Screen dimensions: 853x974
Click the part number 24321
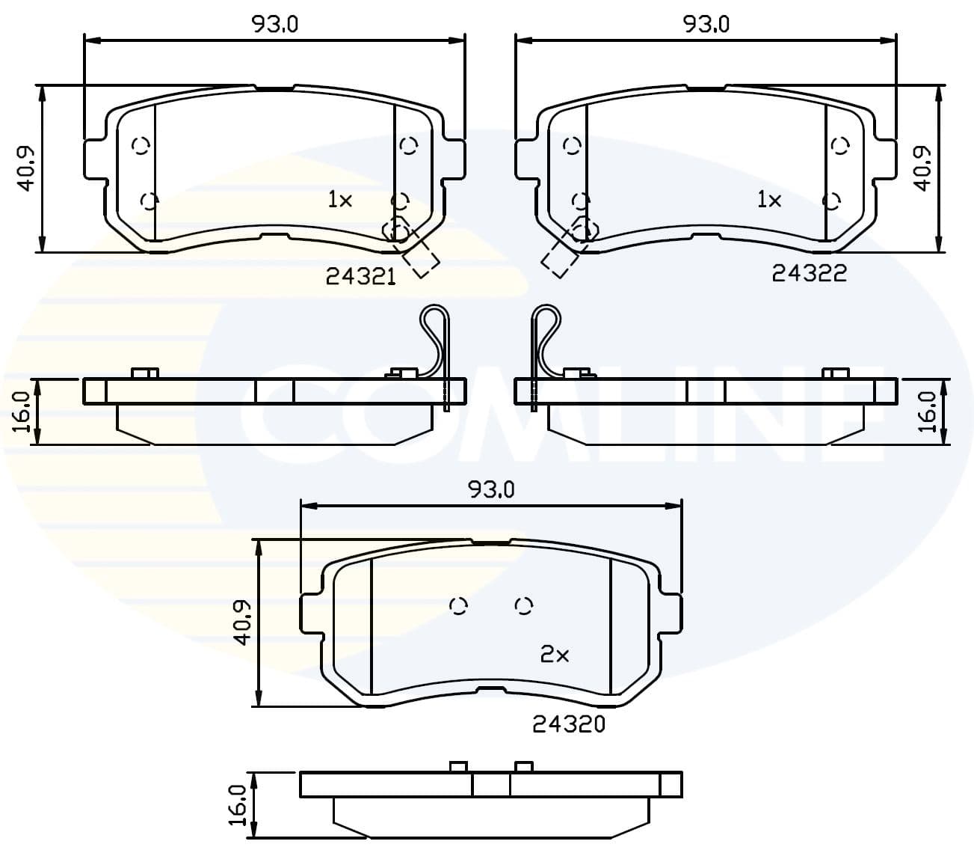click(x=360, y=277)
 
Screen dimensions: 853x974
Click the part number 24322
click(x=810, y=274)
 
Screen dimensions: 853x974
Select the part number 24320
click(x=568, y=724)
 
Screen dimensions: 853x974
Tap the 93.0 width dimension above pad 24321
click(x=274, y=24)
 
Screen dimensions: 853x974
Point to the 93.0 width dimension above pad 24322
click(x=706, y=24)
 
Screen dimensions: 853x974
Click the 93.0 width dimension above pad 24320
click(x=491, y=489)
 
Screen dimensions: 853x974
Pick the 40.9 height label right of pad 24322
click(x=925, y=168)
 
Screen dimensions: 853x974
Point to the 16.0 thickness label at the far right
click(x=928, y=412)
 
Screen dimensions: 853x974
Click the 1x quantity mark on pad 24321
click(x=339, y=199)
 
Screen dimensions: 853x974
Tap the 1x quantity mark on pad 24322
click(x=769, y=199)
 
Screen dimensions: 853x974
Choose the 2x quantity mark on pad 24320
click(x=555, y=655)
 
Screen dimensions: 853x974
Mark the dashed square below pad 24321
click(x=421, y=259)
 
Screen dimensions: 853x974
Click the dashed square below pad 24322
click(x=558, y=259)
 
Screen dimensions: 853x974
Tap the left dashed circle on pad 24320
click(x=460, y=605)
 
